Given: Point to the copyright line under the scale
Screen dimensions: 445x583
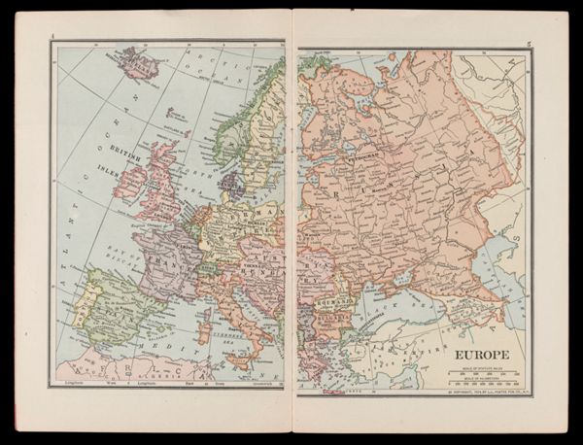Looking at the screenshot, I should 484,390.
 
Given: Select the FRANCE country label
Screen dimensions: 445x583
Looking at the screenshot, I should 167,262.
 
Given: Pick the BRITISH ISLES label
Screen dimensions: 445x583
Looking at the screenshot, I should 127,155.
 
